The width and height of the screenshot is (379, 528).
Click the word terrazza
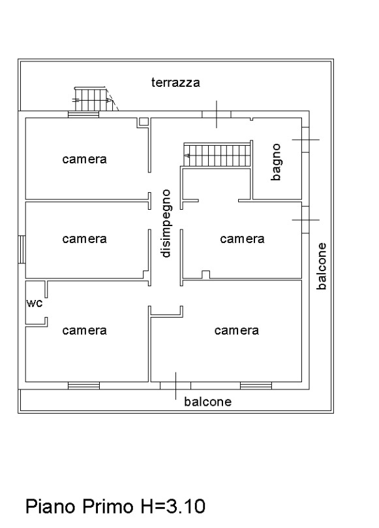(175, 82)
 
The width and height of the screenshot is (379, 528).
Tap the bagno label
(276, 162)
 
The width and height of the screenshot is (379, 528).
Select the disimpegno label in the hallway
(166, 223)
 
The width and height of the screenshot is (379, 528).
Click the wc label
(35, 303)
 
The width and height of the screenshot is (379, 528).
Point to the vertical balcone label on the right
(322, 266)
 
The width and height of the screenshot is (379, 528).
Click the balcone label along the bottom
(208, 401)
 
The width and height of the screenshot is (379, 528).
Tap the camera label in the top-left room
(84, 159)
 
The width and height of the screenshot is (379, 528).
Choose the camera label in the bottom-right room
(237, 331)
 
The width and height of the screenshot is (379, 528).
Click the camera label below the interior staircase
(242, 239)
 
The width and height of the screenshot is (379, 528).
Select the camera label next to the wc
(84, 331)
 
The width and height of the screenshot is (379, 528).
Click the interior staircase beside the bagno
(217, 155)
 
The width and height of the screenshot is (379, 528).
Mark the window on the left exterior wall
(22, 249)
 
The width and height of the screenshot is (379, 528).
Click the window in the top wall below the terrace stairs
(83, 114)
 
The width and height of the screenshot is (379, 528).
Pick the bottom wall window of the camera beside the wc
(83, 386)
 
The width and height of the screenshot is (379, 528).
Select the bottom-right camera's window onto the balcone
(256, 386)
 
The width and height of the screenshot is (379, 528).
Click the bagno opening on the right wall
(305, 139)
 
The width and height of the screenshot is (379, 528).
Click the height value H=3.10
(173, 506)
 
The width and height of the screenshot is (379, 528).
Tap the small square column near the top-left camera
(144, 122)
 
